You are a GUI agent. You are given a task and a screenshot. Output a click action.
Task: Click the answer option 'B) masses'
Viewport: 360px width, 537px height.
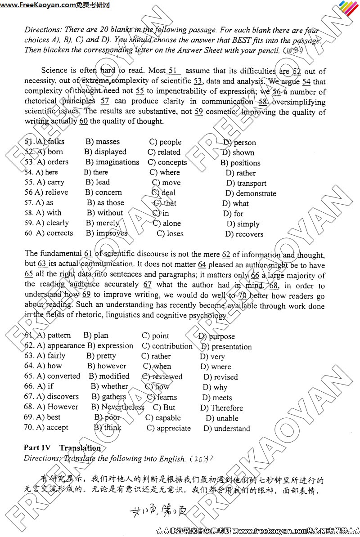[x=102, y=142]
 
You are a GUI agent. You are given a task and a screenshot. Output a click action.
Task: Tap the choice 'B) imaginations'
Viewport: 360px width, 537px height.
[x=112, y=162]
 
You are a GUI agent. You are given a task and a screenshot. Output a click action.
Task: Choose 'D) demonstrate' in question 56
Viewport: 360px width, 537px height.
[x=251, y=193]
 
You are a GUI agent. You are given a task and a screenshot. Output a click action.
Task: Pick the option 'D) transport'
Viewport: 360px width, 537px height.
[x=246, y=183]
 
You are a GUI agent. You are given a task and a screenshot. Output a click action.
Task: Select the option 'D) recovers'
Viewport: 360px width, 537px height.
[x=244, y=234]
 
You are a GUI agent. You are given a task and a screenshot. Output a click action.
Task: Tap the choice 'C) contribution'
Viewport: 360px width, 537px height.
[x=167, y=346]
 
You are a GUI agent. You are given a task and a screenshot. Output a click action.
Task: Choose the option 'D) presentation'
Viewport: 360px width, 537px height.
[x=226, y=347]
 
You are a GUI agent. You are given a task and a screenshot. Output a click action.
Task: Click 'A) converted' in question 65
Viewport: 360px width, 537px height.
[x=52, y=376]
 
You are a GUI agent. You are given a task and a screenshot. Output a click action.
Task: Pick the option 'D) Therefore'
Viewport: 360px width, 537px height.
[x=221, y=408]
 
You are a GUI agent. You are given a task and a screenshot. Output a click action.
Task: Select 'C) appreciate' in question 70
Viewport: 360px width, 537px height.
[x=169, y=428]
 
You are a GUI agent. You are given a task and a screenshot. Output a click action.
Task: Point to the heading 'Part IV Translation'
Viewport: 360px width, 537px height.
[x=62, y=447]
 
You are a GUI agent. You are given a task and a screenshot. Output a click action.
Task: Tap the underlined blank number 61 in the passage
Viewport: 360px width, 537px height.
[x=88, y=254]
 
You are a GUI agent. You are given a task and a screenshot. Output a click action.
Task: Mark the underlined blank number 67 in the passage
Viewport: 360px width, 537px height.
[x=147, y=284]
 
